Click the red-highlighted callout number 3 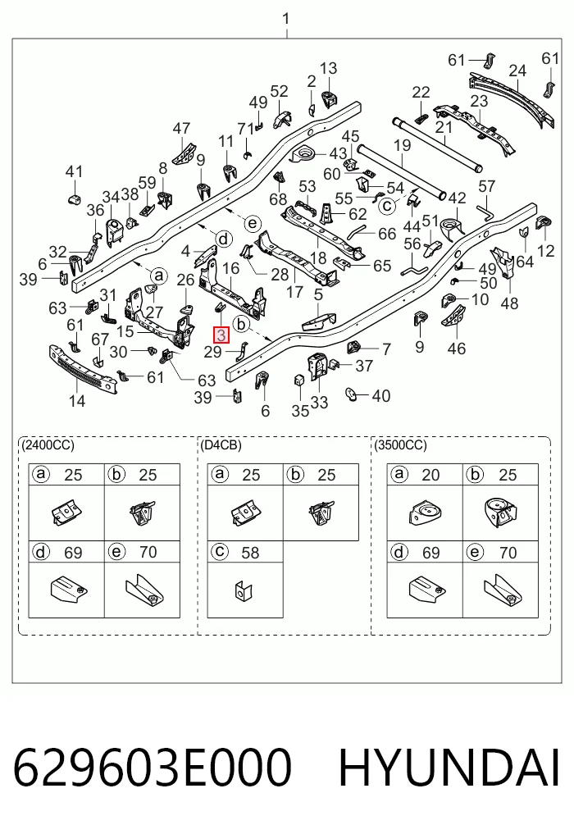coord(221,335)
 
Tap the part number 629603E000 coord(153,768)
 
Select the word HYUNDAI coord(449,768)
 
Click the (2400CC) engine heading coord(48,444)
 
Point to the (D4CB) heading coord(221,444)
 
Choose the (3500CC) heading coord(401,444)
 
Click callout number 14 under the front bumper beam coord(77,400)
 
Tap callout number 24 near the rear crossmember coord(517,71)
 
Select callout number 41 coord(74,171)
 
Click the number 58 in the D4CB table coord(250,553)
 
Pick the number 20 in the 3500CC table coord(430,475)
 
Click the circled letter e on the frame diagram coord(253,223)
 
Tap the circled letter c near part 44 coord(388,205)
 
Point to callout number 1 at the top coord(286,19)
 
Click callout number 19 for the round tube coord(403,145)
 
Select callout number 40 coord(381,396)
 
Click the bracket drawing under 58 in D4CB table coord(244,590)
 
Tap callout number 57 coord(487,186)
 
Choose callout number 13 coord(328,68)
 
